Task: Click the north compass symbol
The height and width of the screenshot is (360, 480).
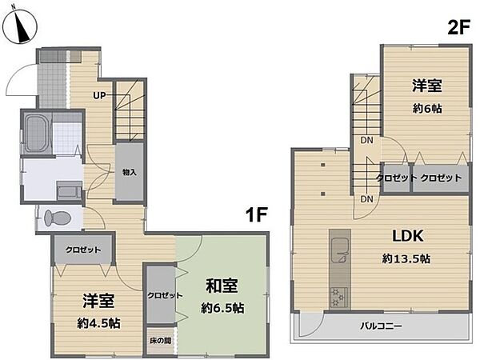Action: click(x=22, y=26)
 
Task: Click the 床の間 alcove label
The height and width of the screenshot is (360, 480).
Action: click(x=159, y=341)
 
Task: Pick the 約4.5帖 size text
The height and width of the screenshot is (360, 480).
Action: click(x=100, y=324)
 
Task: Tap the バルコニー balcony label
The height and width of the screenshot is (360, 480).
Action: click(x=380, y=326)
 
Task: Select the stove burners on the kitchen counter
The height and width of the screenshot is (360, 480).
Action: click(x=337, y=298)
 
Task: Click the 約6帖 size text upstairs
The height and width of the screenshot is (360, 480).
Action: click(x=428, y=107)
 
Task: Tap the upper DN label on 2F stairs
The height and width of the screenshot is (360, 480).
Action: click(x=366, y=141)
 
